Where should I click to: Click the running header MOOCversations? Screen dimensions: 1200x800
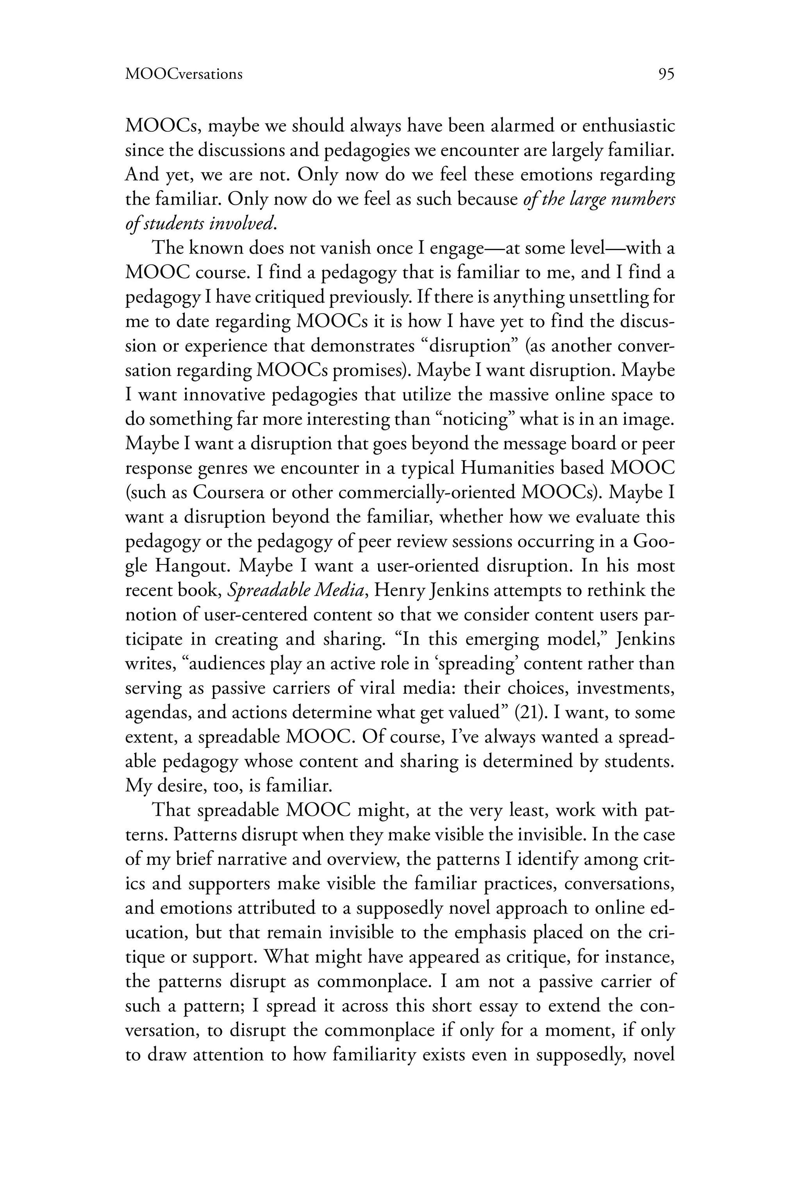coord(184,75)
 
